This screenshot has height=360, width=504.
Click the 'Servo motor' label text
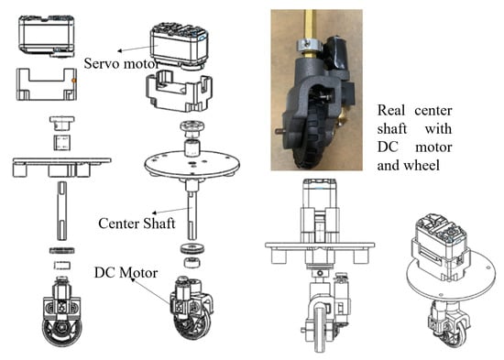pos(122,63)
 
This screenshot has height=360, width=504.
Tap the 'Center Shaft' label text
pos(137,224)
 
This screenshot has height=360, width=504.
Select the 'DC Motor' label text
pos(126,273)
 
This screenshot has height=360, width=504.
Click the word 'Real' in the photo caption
pos(391,110)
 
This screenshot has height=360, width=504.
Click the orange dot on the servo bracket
pos(74,81)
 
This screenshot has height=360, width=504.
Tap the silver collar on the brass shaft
pos(309,46)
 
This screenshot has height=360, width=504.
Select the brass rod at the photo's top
pos(310,24)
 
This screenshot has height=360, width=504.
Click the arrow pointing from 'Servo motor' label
pos(137,49)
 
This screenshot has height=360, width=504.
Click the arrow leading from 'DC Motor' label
pos(150,291)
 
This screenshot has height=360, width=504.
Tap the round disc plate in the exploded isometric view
pos(192,165)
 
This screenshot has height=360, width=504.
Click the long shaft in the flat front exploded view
pos(61,211)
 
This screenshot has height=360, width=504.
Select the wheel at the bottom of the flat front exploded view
pos(61,332)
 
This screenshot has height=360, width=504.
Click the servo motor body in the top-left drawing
pos(47,36)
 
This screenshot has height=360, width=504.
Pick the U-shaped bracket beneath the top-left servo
pos(47,84)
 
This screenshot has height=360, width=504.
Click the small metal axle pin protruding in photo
pos(279,131)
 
